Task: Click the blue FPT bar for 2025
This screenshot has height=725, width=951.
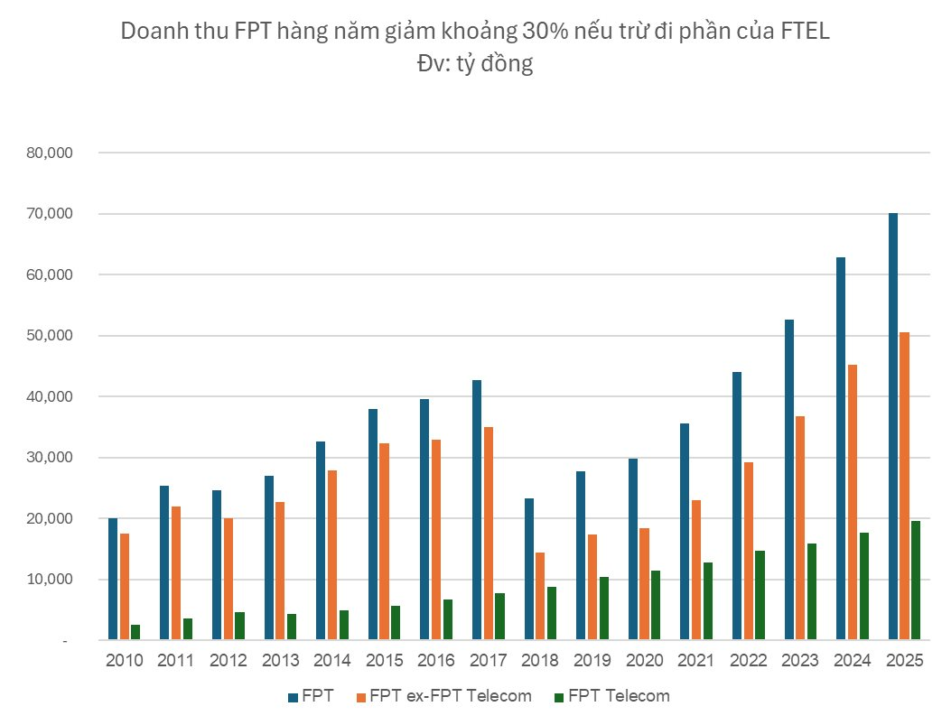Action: point(893,426)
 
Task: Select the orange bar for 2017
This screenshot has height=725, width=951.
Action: point(488,533)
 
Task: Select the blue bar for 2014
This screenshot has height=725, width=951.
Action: point(321,540)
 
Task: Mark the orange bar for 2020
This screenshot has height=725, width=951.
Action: point(644,583)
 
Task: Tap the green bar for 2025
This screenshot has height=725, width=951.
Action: point(917,580)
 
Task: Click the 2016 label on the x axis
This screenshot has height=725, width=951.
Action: point(436,661)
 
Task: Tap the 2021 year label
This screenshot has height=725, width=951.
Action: point(696,661)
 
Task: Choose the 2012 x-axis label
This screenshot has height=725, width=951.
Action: point(228,661)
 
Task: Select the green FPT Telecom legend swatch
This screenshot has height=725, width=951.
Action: point(558,697)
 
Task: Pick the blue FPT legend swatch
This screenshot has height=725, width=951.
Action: point(292,697)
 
